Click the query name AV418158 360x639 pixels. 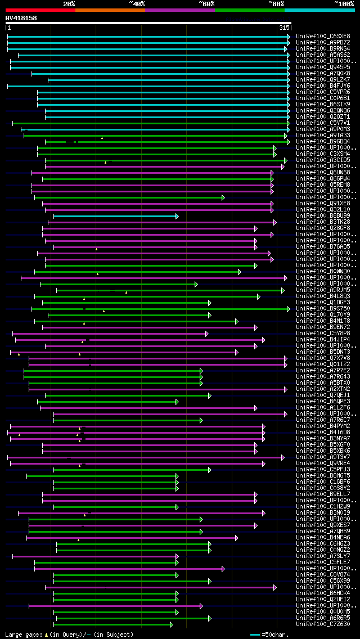point(21,18)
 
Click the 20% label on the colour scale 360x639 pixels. point(69,4)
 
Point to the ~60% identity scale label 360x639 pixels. point(206,4)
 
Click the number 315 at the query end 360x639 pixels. point(283,28)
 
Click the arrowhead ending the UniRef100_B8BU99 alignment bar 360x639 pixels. point(177,216)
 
